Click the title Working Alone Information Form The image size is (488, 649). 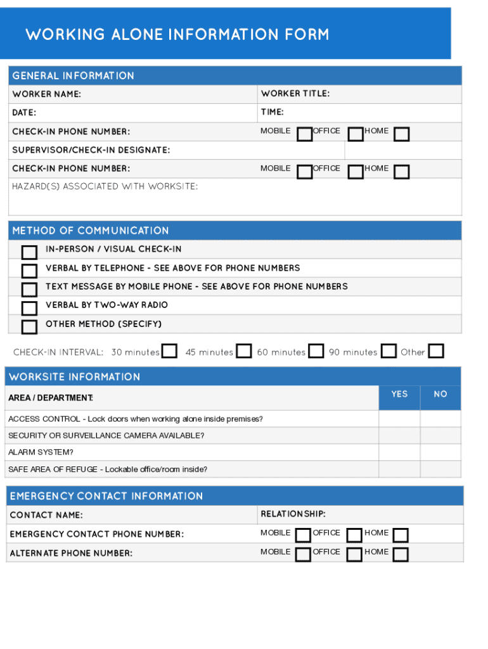[x=177, y=34]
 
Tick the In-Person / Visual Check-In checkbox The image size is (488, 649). [x=29, y=253]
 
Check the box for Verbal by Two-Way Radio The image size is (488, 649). [x=29, y=309]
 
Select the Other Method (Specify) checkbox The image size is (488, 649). [x=29, y=327]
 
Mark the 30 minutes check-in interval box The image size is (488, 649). [x=169, y=351]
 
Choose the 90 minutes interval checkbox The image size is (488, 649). [x=389, y=351]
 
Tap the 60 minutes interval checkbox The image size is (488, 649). [x=316, y=351]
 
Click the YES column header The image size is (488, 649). [x=399, y=394]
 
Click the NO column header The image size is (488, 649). [x=440, y=394]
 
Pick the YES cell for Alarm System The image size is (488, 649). [x=399, y=453]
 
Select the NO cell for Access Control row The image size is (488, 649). [x=440, y=419]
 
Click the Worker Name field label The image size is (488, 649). [x=46, y=94]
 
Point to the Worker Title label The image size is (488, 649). [x=295, y=94]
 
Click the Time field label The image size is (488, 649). [x=272, y=112]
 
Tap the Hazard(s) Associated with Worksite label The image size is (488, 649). [x=105, y=186]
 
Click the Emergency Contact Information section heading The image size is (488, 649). [x=106, y=496]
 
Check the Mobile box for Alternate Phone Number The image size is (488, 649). [x=304, y=555]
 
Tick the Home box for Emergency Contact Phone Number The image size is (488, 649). [x=401, y=536]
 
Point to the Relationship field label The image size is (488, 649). [x=293, y=514]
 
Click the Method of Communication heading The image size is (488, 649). [x=91, y=231]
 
